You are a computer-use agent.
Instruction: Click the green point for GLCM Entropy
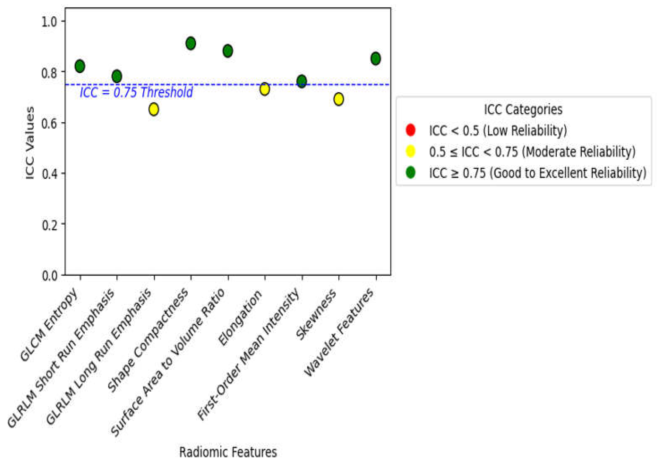click(x=80, y=66)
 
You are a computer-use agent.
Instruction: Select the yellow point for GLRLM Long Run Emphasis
click(x=154, y=109)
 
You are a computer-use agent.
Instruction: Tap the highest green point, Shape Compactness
click(x=190, y=43)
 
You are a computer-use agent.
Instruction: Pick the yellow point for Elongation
click(x=265, y=89)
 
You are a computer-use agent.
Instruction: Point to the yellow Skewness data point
click(x=339, y=99)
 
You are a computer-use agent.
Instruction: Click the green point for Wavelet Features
click(x=376, y=58)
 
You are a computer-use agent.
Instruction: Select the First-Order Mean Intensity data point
click(x=302, y=81)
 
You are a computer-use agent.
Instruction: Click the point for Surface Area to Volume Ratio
click(x=228, y=51)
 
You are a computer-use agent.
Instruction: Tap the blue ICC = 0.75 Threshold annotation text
click(x=136, y=92)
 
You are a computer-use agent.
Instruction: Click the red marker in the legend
click(x=410, y=130)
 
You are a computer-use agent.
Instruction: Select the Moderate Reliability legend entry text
click(x=532, y=152)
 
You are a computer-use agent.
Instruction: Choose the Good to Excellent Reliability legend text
click(x=538, y=173)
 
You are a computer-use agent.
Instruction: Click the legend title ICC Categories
click(x=523, y=109)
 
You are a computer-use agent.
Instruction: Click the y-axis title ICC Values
click(x=30, y=143)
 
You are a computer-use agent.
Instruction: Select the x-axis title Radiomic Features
click(x=228, y=452)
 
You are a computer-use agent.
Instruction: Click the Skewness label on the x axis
click(x=316, y=315)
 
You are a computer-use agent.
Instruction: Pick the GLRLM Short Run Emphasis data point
click(x=117, y=76)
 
